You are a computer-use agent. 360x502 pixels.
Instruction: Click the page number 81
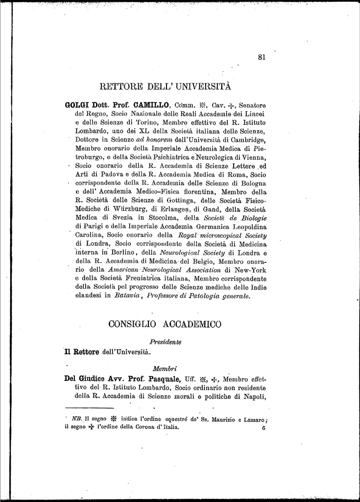click(261, 57)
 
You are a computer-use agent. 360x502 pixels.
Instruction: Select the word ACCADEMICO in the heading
click(193, 324)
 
